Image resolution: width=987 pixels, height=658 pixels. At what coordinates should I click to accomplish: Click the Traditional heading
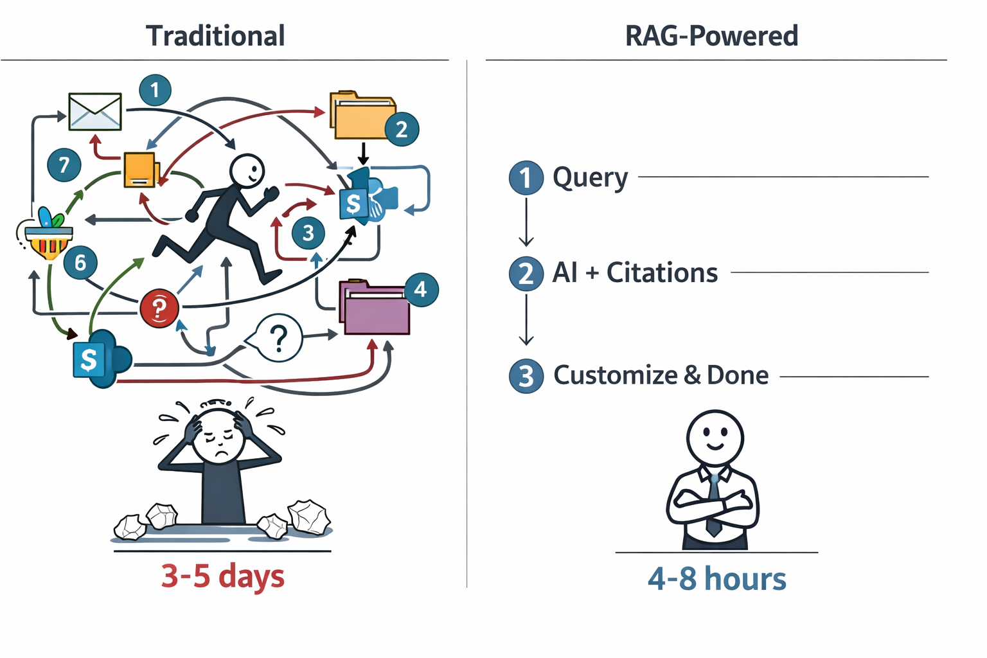click(x=215, y=36)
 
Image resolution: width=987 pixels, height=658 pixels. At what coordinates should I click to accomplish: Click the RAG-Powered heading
click(x=711, y=36)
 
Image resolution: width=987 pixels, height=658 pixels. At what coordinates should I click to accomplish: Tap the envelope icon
click(x=95, y=111)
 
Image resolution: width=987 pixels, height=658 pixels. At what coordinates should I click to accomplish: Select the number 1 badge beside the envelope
click(x=155, y=90)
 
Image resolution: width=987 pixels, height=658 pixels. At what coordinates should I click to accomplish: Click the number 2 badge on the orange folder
click(x=402, y=129)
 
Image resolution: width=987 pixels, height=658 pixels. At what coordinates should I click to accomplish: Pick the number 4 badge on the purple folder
click(x=421, y=289)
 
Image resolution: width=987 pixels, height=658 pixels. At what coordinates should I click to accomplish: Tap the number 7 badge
click(x=64, y=165)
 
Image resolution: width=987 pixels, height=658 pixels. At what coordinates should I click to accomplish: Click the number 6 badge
click(x=80, y=262)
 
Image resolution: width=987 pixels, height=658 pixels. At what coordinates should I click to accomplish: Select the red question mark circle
click(x=159, y=308)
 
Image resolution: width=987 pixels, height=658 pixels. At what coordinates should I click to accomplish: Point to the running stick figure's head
click(x=247, y=171)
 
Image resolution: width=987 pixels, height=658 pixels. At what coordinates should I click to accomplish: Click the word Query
click(x=590, y=178)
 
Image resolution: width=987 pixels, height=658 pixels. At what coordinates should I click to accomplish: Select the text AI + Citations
click(x=635, y=273)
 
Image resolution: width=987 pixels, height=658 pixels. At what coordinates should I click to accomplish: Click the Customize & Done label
click(x=661, y=375)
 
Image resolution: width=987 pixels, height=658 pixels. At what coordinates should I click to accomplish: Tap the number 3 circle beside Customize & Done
click(x=526, y=376)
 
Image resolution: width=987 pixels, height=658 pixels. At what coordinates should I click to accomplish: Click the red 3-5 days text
click(x=222, y=576)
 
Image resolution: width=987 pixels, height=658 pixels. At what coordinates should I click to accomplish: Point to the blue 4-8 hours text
click(x=716, y=578)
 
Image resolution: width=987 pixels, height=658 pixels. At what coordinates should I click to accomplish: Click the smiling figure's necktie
click(x=714, y=508)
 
